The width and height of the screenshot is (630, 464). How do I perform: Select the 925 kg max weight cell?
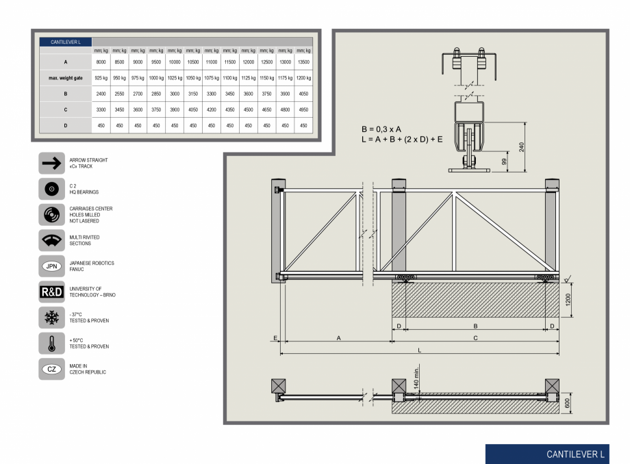click(101, 78)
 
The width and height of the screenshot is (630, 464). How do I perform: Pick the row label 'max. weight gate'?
click(65, 78)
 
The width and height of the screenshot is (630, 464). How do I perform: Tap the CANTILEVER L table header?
click(65, 42)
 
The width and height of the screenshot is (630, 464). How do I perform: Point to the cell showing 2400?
click(101, 94)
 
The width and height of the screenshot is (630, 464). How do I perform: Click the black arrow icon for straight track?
click(51, 163)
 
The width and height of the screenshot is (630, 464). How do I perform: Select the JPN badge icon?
click(51, 266)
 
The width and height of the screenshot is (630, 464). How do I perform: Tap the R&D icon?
click(51, 292)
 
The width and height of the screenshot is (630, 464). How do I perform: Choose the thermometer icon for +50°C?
click(51, 344)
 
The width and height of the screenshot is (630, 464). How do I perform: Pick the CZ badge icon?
click(51, 370)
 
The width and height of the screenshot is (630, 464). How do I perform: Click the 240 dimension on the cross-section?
click(522, 147)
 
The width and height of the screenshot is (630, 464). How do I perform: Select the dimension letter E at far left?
click(275, 338)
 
